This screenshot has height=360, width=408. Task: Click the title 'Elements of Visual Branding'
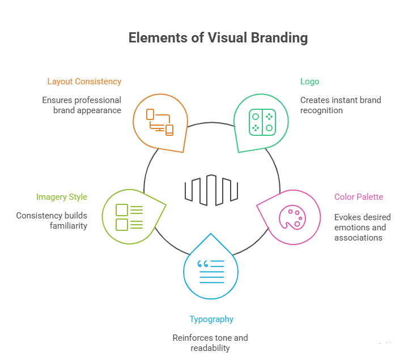(218, 38)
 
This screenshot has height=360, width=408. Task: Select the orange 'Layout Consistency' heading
(84, 82)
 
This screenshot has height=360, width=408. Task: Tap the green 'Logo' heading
(309, 82)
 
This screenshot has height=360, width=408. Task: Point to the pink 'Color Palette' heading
(358, 197)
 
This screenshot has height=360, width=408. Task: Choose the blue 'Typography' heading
(211, 319)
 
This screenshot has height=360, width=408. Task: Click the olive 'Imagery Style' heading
(61, 197)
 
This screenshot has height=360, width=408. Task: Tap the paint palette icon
(291, 217)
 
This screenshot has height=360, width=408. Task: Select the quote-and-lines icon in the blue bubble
(211, 271)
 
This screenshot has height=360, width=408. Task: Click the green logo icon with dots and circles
(262, 122)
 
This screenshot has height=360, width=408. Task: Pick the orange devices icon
(160, 121)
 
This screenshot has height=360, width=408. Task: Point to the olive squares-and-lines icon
(129, 217)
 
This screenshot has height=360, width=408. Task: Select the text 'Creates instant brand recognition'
(340, 105)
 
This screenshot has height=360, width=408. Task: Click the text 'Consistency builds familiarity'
(52, 221)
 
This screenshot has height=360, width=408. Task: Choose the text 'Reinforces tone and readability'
(210, 343)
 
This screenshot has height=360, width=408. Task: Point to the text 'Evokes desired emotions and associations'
(362, 228)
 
